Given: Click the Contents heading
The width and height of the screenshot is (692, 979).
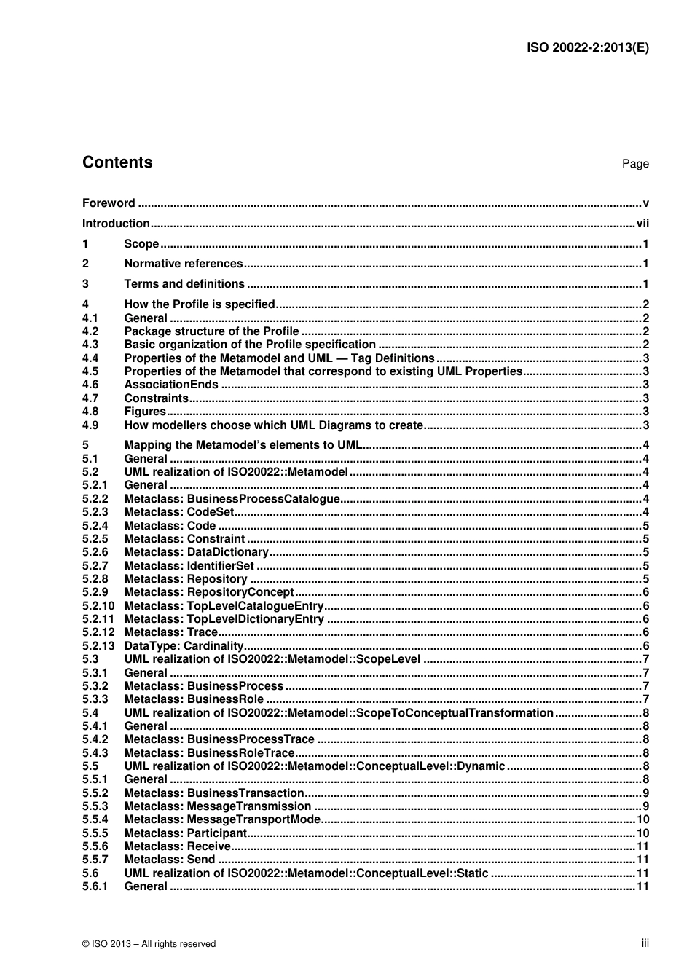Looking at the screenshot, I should pos(117,162).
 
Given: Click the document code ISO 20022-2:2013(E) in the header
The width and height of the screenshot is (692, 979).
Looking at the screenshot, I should pos(587,48).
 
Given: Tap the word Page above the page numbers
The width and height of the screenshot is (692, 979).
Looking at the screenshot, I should pos(634,164).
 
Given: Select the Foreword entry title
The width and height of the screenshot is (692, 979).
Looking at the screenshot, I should pos(109,203).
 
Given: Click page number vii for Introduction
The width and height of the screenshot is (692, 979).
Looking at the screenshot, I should pos(642,224).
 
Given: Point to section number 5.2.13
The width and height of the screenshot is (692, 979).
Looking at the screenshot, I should pos(98,646).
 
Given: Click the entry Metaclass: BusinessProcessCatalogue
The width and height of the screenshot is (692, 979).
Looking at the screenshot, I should pos(232,499).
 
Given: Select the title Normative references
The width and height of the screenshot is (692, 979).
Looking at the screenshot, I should pos(183,264).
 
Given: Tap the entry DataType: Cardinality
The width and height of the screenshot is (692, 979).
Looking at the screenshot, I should pos(184,646).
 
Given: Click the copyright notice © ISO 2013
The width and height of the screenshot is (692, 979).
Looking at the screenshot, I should pos(149,944).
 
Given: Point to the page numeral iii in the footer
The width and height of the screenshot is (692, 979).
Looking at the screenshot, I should pos(645,943).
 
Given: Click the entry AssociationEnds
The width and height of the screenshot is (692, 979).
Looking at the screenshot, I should pos(171,385).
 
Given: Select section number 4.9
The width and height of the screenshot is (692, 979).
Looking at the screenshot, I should pos(90,425).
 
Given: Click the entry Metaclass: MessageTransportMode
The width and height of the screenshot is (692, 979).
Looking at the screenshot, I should pos(222,819).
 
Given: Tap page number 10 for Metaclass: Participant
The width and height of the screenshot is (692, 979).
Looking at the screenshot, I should pos(642,833).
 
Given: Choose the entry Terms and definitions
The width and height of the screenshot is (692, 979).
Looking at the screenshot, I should pos(184,284).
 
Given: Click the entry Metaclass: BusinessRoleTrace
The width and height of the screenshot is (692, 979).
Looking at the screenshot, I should pos(209,753).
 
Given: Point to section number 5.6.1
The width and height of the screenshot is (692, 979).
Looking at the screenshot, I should pos(95,886).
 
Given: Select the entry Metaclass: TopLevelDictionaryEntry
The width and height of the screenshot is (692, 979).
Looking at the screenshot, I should pos(224,619).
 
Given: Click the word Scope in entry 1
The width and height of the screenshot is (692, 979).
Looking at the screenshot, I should pos(141,244).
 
